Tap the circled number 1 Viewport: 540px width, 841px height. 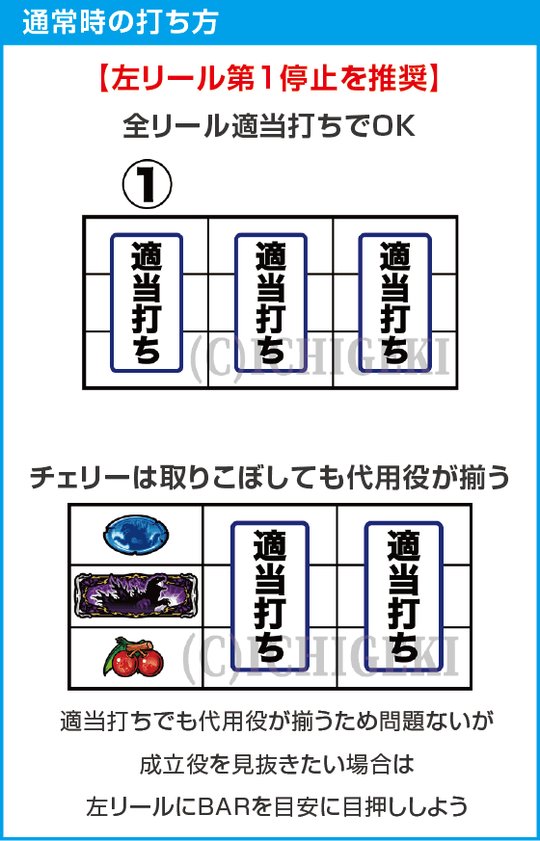click(x=147, y=185)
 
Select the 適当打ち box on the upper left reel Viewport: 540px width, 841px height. click(x=146, y=302)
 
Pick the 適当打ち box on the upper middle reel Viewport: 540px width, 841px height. click(x=270, y=302)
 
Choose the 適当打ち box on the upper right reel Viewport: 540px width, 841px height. click(x=394, y=302)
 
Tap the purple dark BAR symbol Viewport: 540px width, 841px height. click(x=135, y=595)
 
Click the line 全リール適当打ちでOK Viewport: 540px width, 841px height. click(x=269, y=126)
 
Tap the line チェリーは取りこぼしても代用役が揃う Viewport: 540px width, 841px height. click(x=269, y=478)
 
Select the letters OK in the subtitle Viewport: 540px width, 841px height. click(x=395, y=126)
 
